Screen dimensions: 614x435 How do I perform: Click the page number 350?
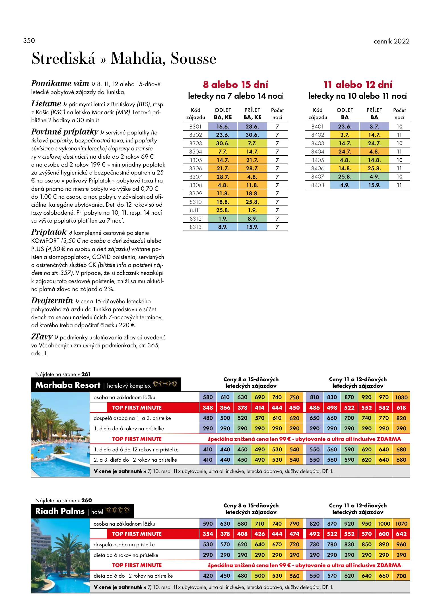[x=29, y=41]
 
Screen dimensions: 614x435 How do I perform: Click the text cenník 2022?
[x=391, y=41]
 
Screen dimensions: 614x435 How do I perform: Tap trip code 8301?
[x=195, y=126]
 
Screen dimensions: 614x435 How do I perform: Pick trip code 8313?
[x=195, y=227]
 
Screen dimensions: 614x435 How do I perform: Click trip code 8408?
[x=318, y=185]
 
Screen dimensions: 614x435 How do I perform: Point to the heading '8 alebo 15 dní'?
[x=235, y=85]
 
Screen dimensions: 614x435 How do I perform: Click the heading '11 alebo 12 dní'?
[x=358, y=85]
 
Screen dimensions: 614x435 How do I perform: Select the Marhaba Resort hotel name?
[x=68, y=385]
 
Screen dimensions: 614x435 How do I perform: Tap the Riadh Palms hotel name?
[x=60, y=511]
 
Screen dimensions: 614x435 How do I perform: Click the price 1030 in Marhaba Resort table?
[x=401, y=397]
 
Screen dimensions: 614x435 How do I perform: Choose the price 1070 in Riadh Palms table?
[x=401, y=524]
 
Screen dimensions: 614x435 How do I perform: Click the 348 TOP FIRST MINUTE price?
[x=208, y=408]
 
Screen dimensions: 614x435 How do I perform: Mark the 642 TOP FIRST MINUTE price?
[x=401, y=534]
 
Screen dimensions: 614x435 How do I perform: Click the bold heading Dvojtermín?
[x=52, y=301]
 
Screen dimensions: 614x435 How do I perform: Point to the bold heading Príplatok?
[x=49, y=232]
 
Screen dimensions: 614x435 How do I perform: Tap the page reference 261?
[x=86, y=374]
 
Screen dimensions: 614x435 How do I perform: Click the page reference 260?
[x=86, y=501]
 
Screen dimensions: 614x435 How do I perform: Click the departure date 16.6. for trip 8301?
[x=222, y=126]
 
